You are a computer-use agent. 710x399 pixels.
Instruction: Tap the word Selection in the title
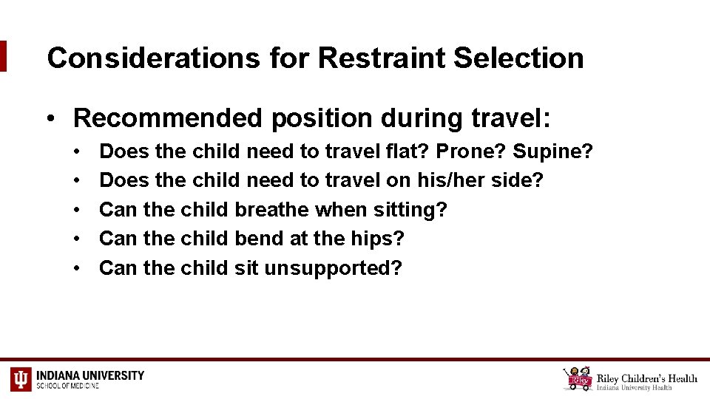[x=518, y=58]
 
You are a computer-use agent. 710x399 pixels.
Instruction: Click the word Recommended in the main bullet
[x=166, y=117]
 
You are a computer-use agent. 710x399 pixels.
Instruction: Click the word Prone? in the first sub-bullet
[x=470, y=151]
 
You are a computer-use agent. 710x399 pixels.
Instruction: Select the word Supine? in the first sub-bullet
[x=552, y=151]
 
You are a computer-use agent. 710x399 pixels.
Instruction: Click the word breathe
[x=271, y=210]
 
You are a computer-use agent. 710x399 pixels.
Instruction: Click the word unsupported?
[x=333, y=267]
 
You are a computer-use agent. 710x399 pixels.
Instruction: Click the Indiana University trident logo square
[x=21, y=379]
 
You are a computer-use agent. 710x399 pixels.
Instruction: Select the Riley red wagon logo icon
[x=578, y=378]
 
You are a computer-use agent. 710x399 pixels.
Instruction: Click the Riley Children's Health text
[x=647, y=378]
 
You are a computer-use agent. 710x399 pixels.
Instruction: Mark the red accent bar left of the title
[x=3, y=56]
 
